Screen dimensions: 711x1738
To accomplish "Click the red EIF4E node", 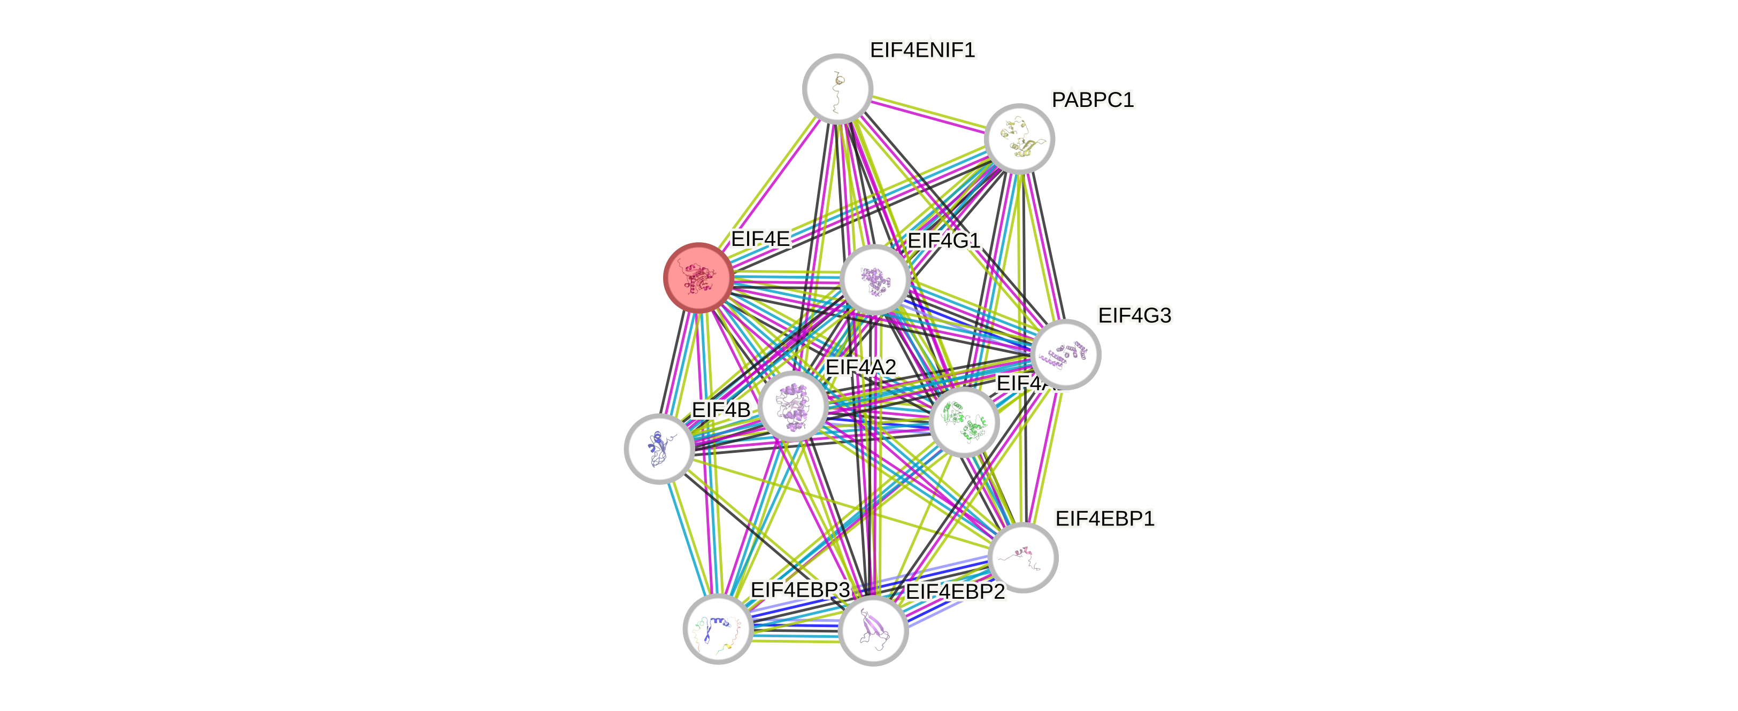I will point(698,277).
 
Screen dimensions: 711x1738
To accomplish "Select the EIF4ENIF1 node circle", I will point(837,88).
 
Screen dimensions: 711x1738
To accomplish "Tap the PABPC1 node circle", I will point(1019,138).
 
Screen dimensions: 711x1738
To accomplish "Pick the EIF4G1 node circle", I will point(875,279).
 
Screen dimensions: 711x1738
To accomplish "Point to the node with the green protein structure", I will point(964,422).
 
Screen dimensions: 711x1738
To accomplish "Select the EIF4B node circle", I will point(658,449).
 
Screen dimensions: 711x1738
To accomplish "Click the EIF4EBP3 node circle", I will point(718,629).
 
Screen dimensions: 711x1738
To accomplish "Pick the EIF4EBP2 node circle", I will point(873,630).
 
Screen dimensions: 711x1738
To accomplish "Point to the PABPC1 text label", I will point(1093,100).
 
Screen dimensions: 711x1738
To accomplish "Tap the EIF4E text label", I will point(760,239).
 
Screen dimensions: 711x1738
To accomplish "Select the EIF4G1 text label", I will point(944,241).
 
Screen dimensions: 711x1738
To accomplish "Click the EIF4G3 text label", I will point(1135,315).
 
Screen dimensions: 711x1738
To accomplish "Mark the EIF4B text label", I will point(720,409).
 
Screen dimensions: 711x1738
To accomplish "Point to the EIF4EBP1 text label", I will point(1105,518).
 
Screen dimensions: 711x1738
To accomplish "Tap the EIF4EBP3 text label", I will point(800,590).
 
